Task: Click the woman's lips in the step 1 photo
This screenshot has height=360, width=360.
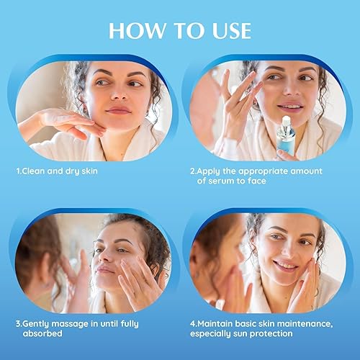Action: point(117,110)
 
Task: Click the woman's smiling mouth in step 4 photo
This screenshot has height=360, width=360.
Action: point(284,265)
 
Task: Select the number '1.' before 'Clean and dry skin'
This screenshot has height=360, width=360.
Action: point(19,172)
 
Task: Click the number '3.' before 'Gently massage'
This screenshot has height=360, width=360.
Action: point(19,323)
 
